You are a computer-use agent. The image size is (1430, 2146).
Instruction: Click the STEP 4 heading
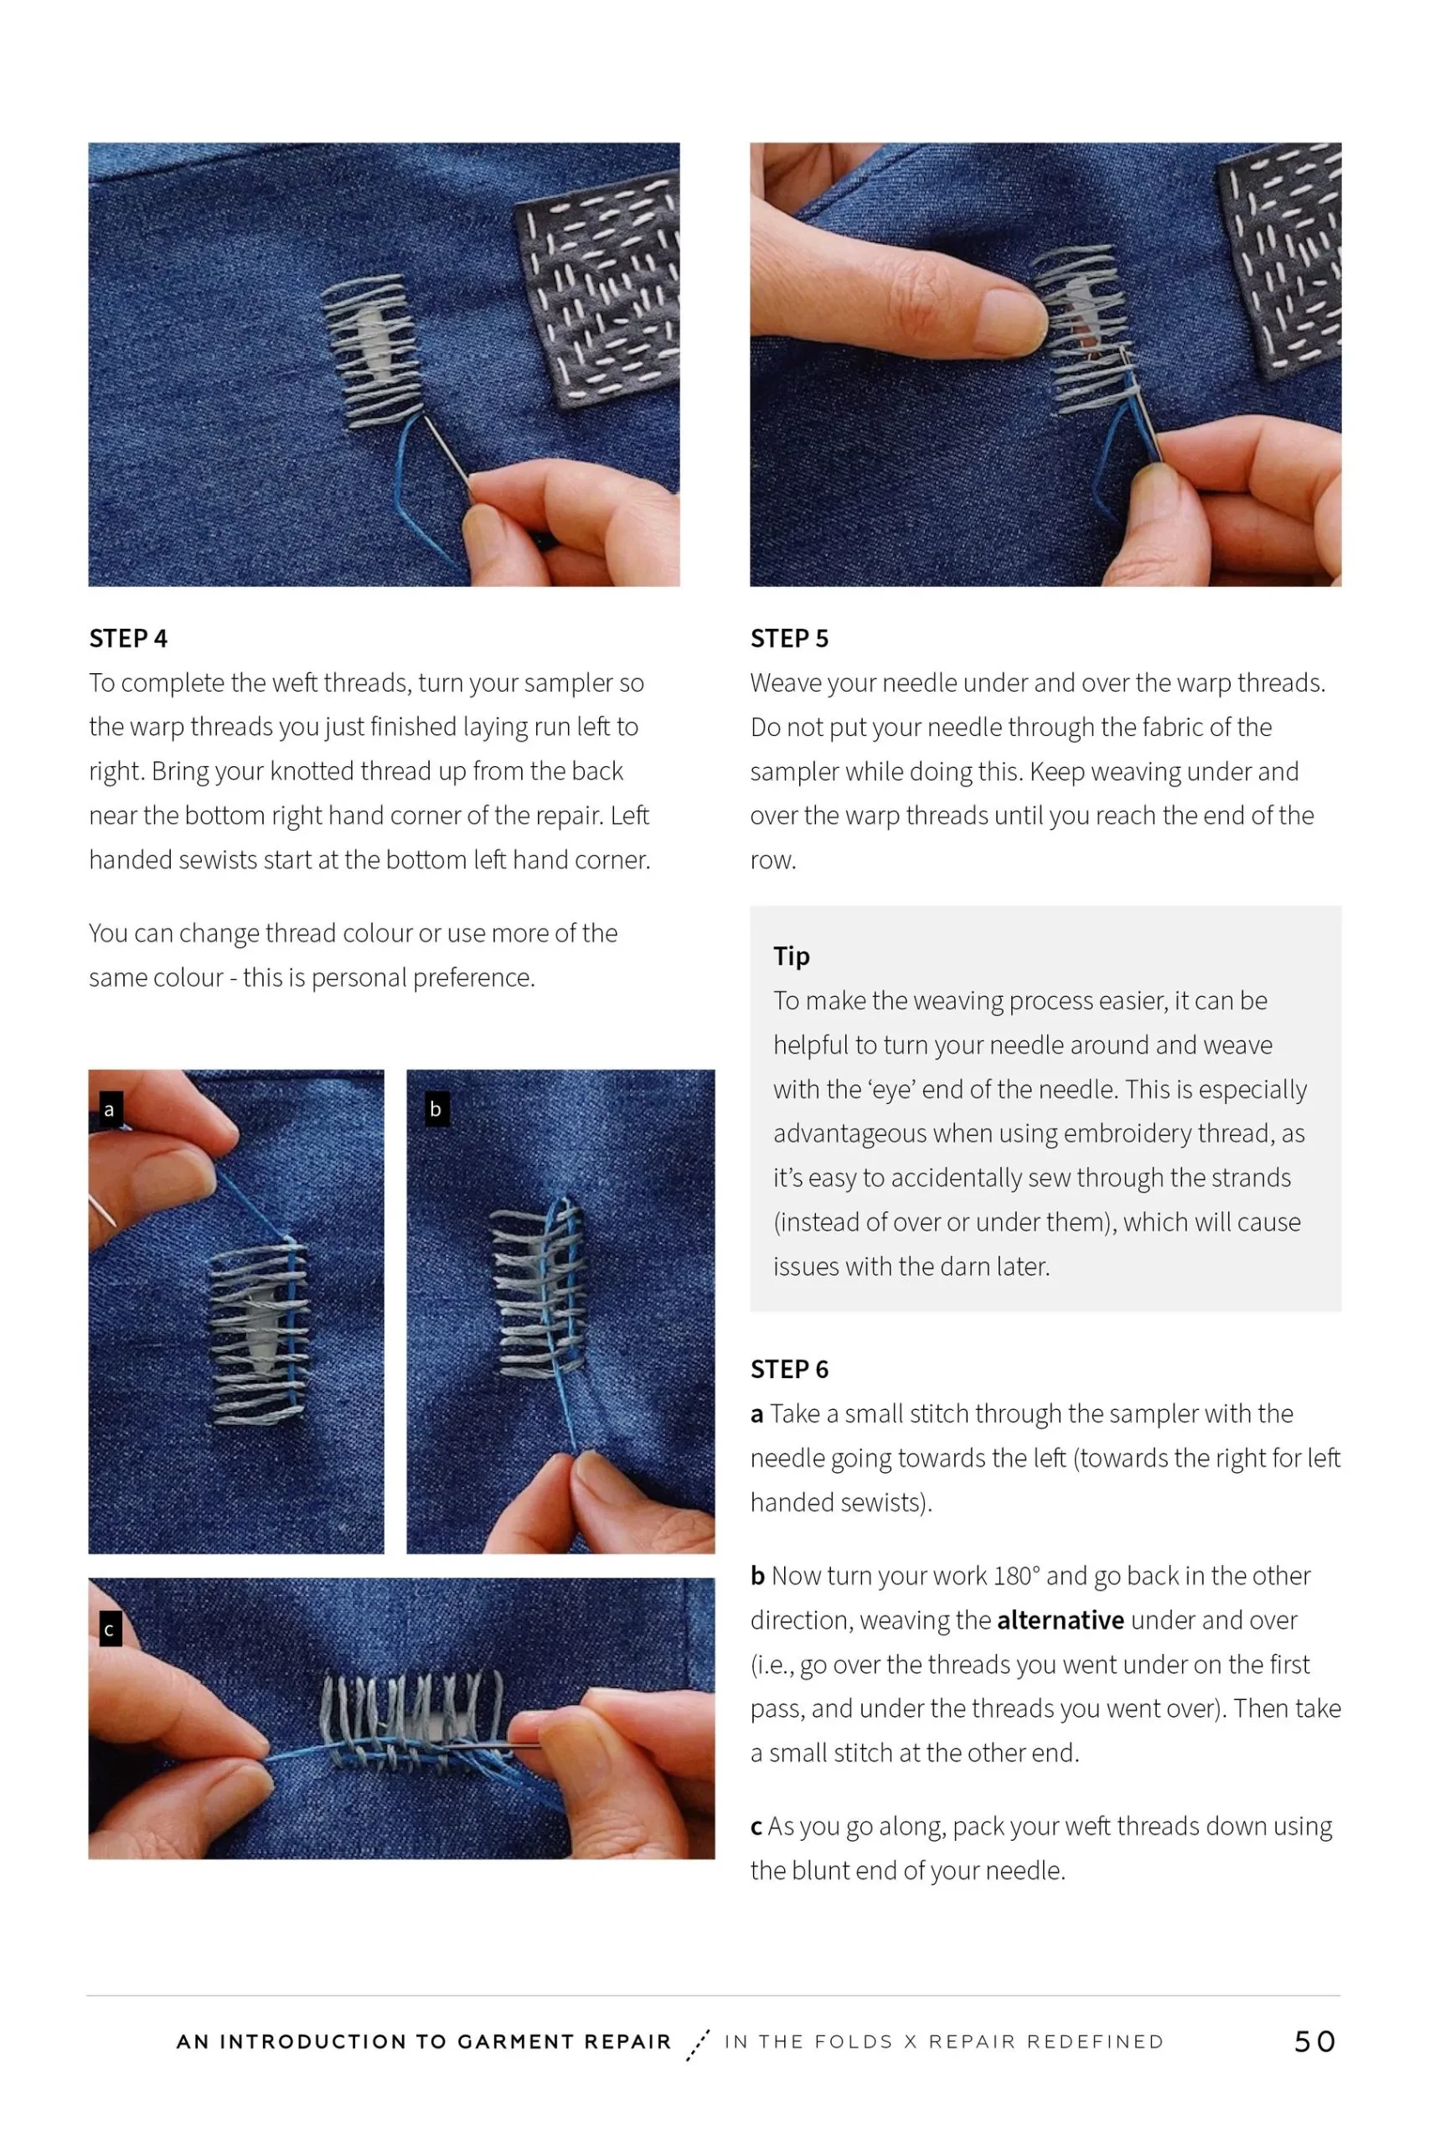pyautogui.click(x=127, y=639)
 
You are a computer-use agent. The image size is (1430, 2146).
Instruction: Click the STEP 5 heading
pyautogui.click(x=789, y=639)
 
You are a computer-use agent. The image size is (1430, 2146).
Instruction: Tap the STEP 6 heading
pyautogui.click(x=789, y=1370)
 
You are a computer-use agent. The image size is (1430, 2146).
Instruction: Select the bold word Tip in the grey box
pyautogui.click(x=791, y=956)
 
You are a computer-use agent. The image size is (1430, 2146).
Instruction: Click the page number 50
pyautogui.click(x=1314, y=2042)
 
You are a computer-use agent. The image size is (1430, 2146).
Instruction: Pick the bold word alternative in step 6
pyautogui.click(x=1060, y=1620)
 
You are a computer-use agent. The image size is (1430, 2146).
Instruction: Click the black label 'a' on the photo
pyautogui.click(x=110, y=1110)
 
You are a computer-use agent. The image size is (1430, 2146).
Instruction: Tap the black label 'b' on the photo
pyautogui.click(x=436, y=1110)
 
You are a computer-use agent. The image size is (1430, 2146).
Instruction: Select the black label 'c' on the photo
pyautogui.click(x=110, y=1630)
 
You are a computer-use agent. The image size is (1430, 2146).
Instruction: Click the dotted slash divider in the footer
pyautogui.click(x=698, y=2045)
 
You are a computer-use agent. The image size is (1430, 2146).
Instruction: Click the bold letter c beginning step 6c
pyautogui.click(x=756, y=1827)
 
